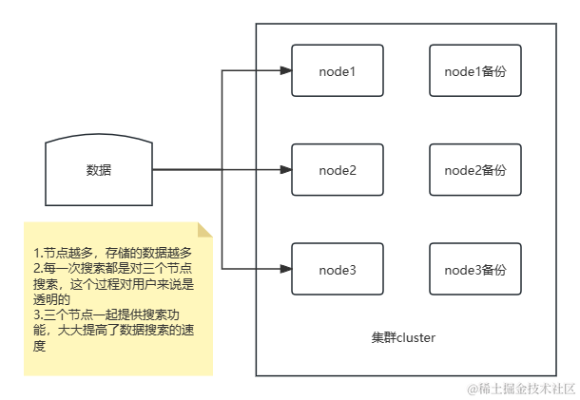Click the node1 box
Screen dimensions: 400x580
(337, 69)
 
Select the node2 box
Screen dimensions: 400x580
(337, 170)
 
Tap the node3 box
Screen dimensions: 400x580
(337, 271)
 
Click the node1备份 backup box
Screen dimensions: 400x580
(475, 69)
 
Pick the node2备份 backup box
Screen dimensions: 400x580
(475, 170)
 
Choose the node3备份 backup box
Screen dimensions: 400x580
(475, 271)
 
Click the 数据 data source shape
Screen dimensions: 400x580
(98, 171)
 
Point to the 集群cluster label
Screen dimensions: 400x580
(404, 337)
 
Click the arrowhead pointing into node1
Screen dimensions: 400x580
(284, 69)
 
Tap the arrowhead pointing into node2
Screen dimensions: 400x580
(284, 170)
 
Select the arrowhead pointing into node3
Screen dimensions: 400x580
(284, 271)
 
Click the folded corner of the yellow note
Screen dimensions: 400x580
(203, 230)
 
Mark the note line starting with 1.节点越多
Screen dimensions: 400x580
(112, 253)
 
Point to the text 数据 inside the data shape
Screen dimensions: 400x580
(98, 171)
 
